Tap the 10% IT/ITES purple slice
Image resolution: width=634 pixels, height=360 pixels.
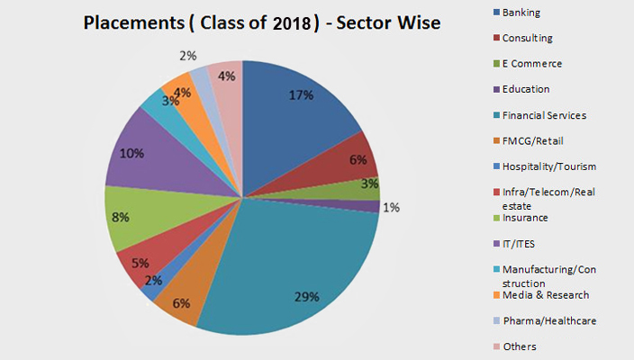[x=144, y=162]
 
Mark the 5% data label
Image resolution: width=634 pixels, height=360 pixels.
[x=140, y=264]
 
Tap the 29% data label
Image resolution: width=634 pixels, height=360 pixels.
[x=308, y=297]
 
